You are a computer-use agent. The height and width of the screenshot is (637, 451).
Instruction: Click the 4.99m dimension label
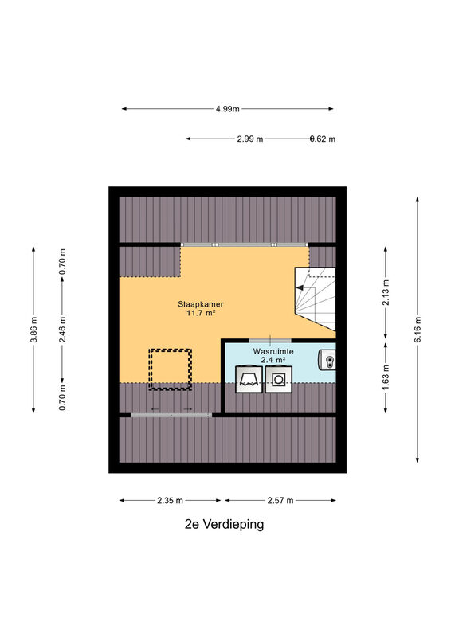[x=228, y=109]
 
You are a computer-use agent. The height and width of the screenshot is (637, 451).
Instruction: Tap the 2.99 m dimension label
[x=250, y=139]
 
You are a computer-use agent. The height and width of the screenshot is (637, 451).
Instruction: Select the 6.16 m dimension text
[x=418, y=329]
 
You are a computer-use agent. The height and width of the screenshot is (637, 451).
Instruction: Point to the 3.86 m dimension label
[x=33, y=329]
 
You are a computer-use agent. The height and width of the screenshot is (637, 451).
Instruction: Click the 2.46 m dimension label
[x=63, y=329]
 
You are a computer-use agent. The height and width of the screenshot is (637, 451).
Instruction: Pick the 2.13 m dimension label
[x=386, y=292]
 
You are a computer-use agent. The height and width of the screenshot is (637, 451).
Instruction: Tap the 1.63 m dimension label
[x=386, y=377]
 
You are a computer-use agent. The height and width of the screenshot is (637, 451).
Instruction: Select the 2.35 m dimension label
[x=170, y=501]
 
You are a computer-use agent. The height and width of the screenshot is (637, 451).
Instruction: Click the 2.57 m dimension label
[x=280, y=501]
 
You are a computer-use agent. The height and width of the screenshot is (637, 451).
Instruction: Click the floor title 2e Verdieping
[x=224, y=524]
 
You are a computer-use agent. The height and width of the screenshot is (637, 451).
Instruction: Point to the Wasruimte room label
[x=273, y=351]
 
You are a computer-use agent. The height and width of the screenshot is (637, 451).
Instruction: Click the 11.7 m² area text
[x=201, y=313]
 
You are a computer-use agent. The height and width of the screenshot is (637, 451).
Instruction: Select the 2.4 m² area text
[x=273, y=360]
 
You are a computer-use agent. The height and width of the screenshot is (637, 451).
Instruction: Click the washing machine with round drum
[x=279, y=380]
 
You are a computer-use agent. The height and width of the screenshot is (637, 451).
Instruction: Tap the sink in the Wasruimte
[x=327, y=359]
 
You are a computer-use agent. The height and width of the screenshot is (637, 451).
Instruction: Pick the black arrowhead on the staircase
[x=300, y=287]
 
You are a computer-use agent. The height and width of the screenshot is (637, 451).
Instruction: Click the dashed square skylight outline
[x=170, y=369]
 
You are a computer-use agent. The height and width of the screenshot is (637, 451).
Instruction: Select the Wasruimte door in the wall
[x=270, y=341]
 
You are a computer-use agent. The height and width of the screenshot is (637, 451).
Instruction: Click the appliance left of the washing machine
[x=249, y=380]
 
